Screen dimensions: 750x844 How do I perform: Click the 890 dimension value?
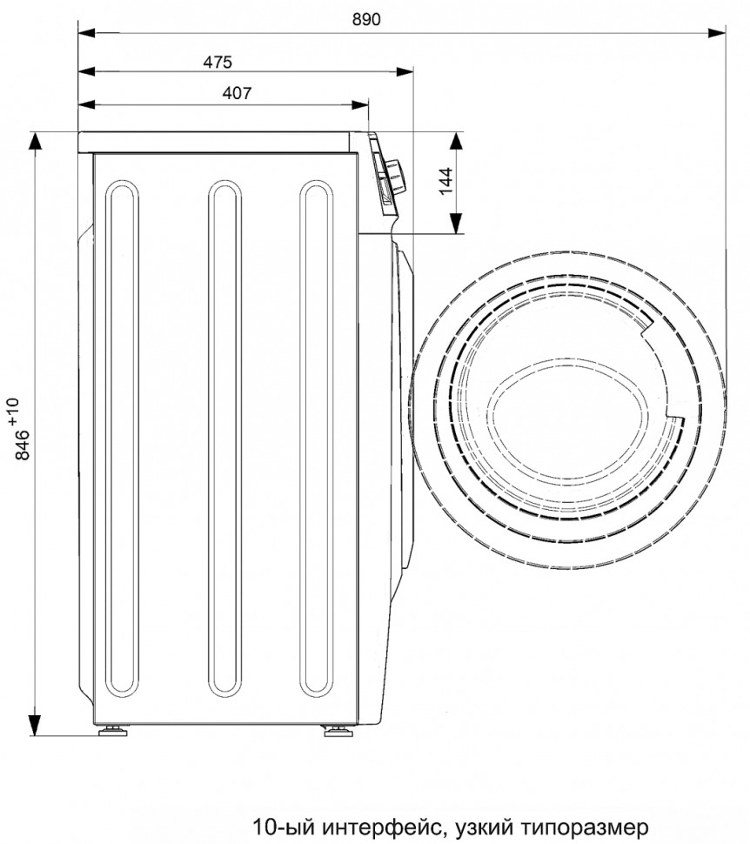click(x=366, y=19)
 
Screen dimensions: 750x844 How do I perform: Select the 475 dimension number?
click(x=218, y=63)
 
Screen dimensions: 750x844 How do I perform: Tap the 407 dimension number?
click(x=237, y=94)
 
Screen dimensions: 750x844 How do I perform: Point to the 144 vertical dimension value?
click(x=446, y=181)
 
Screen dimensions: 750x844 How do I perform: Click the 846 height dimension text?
click(x=23, y=445)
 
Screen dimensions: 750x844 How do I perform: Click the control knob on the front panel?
click(x=397, y=176)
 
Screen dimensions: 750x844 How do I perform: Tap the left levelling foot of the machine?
click(x=113, y=730)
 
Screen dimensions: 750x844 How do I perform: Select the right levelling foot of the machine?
click(x=338, y=730)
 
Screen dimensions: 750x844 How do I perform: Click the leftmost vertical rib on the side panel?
click(x=122, y=439)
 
